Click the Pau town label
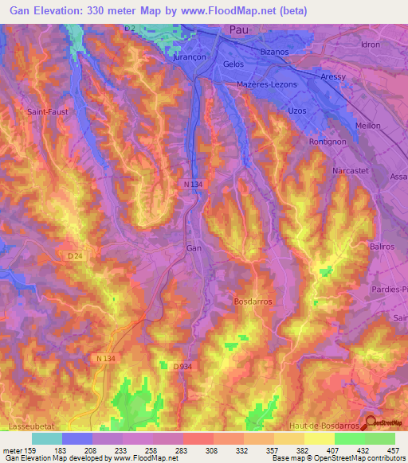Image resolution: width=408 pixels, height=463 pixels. coord(238,29)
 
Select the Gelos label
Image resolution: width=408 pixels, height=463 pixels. coord(233,64)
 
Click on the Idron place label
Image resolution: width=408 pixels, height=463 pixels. coord(371,45)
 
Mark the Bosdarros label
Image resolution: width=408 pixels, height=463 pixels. coord(253,302)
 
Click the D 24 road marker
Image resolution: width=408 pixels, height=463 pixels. coord(75,255)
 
